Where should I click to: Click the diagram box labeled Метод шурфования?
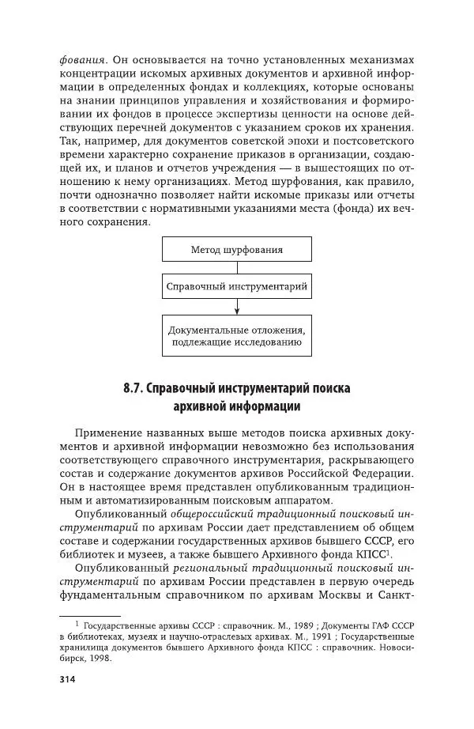(x=237, y=250)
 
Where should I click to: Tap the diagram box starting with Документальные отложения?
(x=237, y=335)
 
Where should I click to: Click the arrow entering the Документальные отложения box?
(x=237, y=307)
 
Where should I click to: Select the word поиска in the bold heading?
(x=325, y=389)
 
